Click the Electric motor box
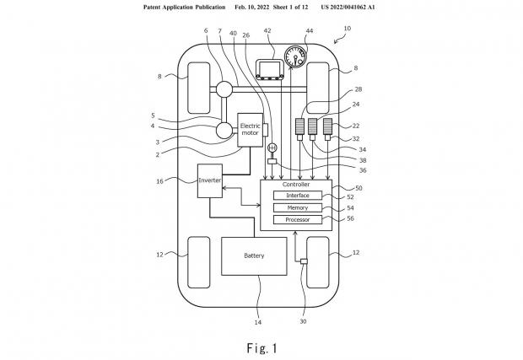250,130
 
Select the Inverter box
210,180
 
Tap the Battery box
254,256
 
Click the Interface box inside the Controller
298,196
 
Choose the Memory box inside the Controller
298,207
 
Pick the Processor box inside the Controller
298,220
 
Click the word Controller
296,185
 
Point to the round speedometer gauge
295,56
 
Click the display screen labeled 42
270,69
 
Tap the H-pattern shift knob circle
272,147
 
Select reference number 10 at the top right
348,29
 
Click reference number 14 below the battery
258,322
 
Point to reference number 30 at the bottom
303,321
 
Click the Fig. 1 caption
262,348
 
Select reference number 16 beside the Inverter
159,181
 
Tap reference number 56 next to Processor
350,218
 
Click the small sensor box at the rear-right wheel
304,261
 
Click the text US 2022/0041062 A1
348,7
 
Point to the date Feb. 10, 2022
252,7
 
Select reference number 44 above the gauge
310,31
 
